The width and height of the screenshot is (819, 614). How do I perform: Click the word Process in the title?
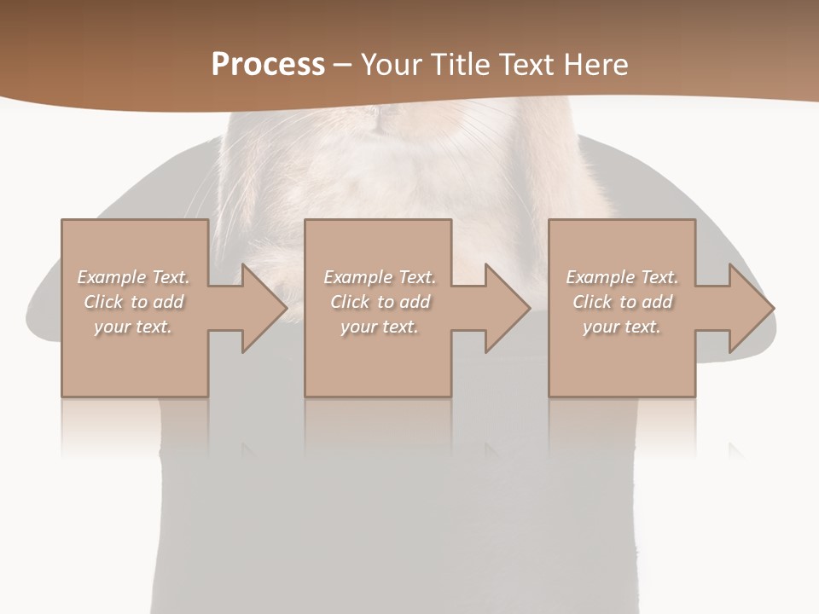click(x=268, y=65)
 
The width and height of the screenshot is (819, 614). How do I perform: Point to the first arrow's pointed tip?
click(x=287, y=308)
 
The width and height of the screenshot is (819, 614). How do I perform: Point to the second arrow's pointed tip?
click(x=530, y=308)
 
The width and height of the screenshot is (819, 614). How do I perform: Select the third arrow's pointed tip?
click(x=773, y=308)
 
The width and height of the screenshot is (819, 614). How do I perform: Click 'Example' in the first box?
click(x=112, y=277)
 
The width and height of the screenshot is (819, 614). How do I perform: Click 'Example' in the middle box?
click(x=358, y=277)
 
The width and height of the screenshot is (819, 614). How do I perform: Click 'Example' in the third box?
click(x=601, y=277)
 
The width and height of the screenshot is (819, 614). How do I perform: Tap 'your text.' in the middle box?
click(x=380, y=327)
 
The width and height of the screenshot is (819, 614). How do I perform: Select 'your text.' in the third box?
click(x=622, y=327)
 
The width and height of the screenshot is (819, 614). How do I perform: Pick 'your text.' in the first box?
click(x=133, y=327)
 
